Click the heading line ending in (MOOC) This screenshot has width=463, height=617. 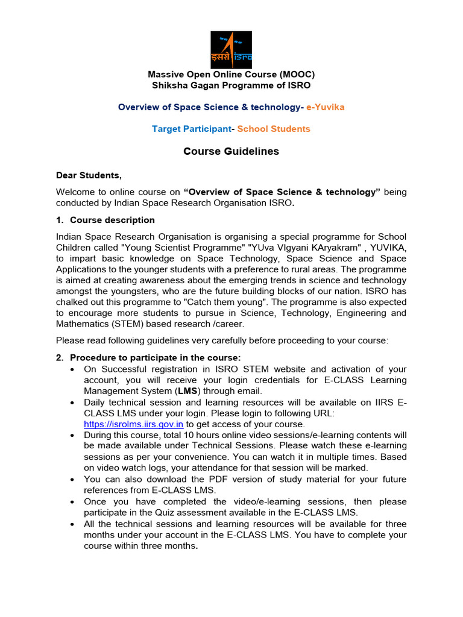tap(231, 74)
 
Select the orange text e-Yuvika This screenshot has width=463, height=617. tap(326, 107)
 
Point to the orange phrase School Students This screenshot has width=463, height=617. tap(274, 129)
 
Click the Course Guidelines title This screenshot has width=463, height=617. tap(231, 151)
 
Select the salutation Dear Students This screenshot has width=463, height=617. tap(89, 175)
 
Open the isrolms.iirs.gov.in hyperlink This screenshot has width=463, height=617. tap(133, 424)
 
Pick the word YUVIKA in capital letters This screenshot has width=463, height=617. tap(388, 247)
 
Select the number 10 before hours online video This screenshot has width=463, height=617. tap(185, 435)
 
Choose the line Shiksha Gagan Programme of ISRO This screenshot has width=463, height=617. tap(231, 85)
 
